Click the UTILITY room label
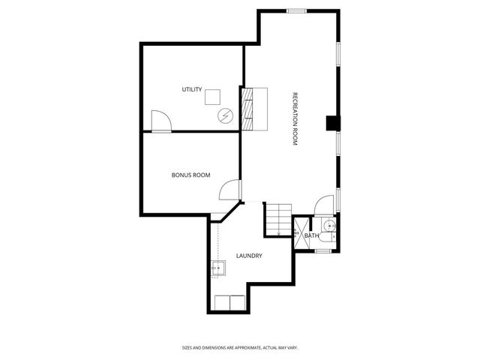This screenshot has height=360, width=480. [192, 90]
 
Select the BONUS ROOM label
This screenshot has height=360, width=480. [190, 175]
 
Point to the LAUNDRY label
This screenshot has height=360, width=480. [249, 256]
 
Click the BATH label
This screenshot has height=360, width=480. [311, 235]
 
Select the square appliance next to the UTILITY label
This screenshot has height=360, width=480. [213, 96]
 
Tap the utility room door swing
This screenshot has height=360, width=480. [160, 121]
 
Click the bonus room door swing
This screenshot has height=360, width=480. [229, 191]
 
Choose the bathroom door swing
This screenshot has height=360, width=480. [324, 205]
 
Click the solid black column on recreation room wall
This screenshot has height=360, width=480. [332, 122]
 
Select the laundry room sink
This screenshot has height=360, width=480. [218, 268]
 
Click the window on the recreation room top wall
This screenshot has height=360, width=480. [297, 10]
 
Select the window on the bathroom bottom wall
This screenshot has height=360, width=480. [323, 250]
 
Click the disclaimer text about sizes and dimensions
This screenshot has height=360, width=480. [240, 347]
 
